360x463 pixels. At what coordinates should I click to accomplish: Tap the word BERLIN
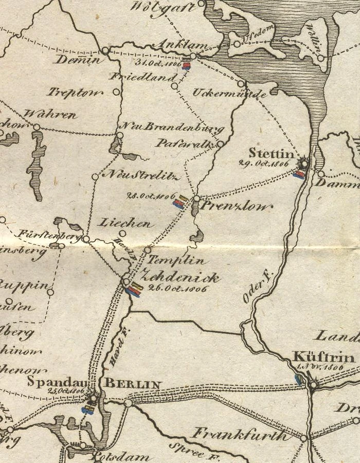(x=133, y=384)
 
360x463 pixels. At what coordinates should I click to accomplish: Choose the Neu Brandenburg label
(x=171, y=127)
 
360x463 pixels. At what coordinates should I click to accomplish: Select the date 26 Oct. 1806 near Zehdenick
(x=177, y=289)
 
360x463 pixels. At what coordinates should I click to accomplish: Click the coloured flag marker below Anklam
(x=187, y=65)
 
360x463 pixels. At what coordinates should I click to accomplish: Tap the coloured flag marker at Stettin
(x=298, y=174)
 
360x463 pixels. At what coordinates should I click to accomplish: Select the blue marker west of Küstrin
(x=298, y=380)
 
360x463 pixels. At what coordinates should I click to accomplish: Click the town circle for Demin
(x=105, y=50)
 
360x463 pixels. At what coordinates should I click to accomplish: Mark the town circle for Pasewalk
(x=220, y=144)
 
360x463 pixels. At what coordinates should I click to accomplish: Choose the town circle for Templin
(x=148, y=250)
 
